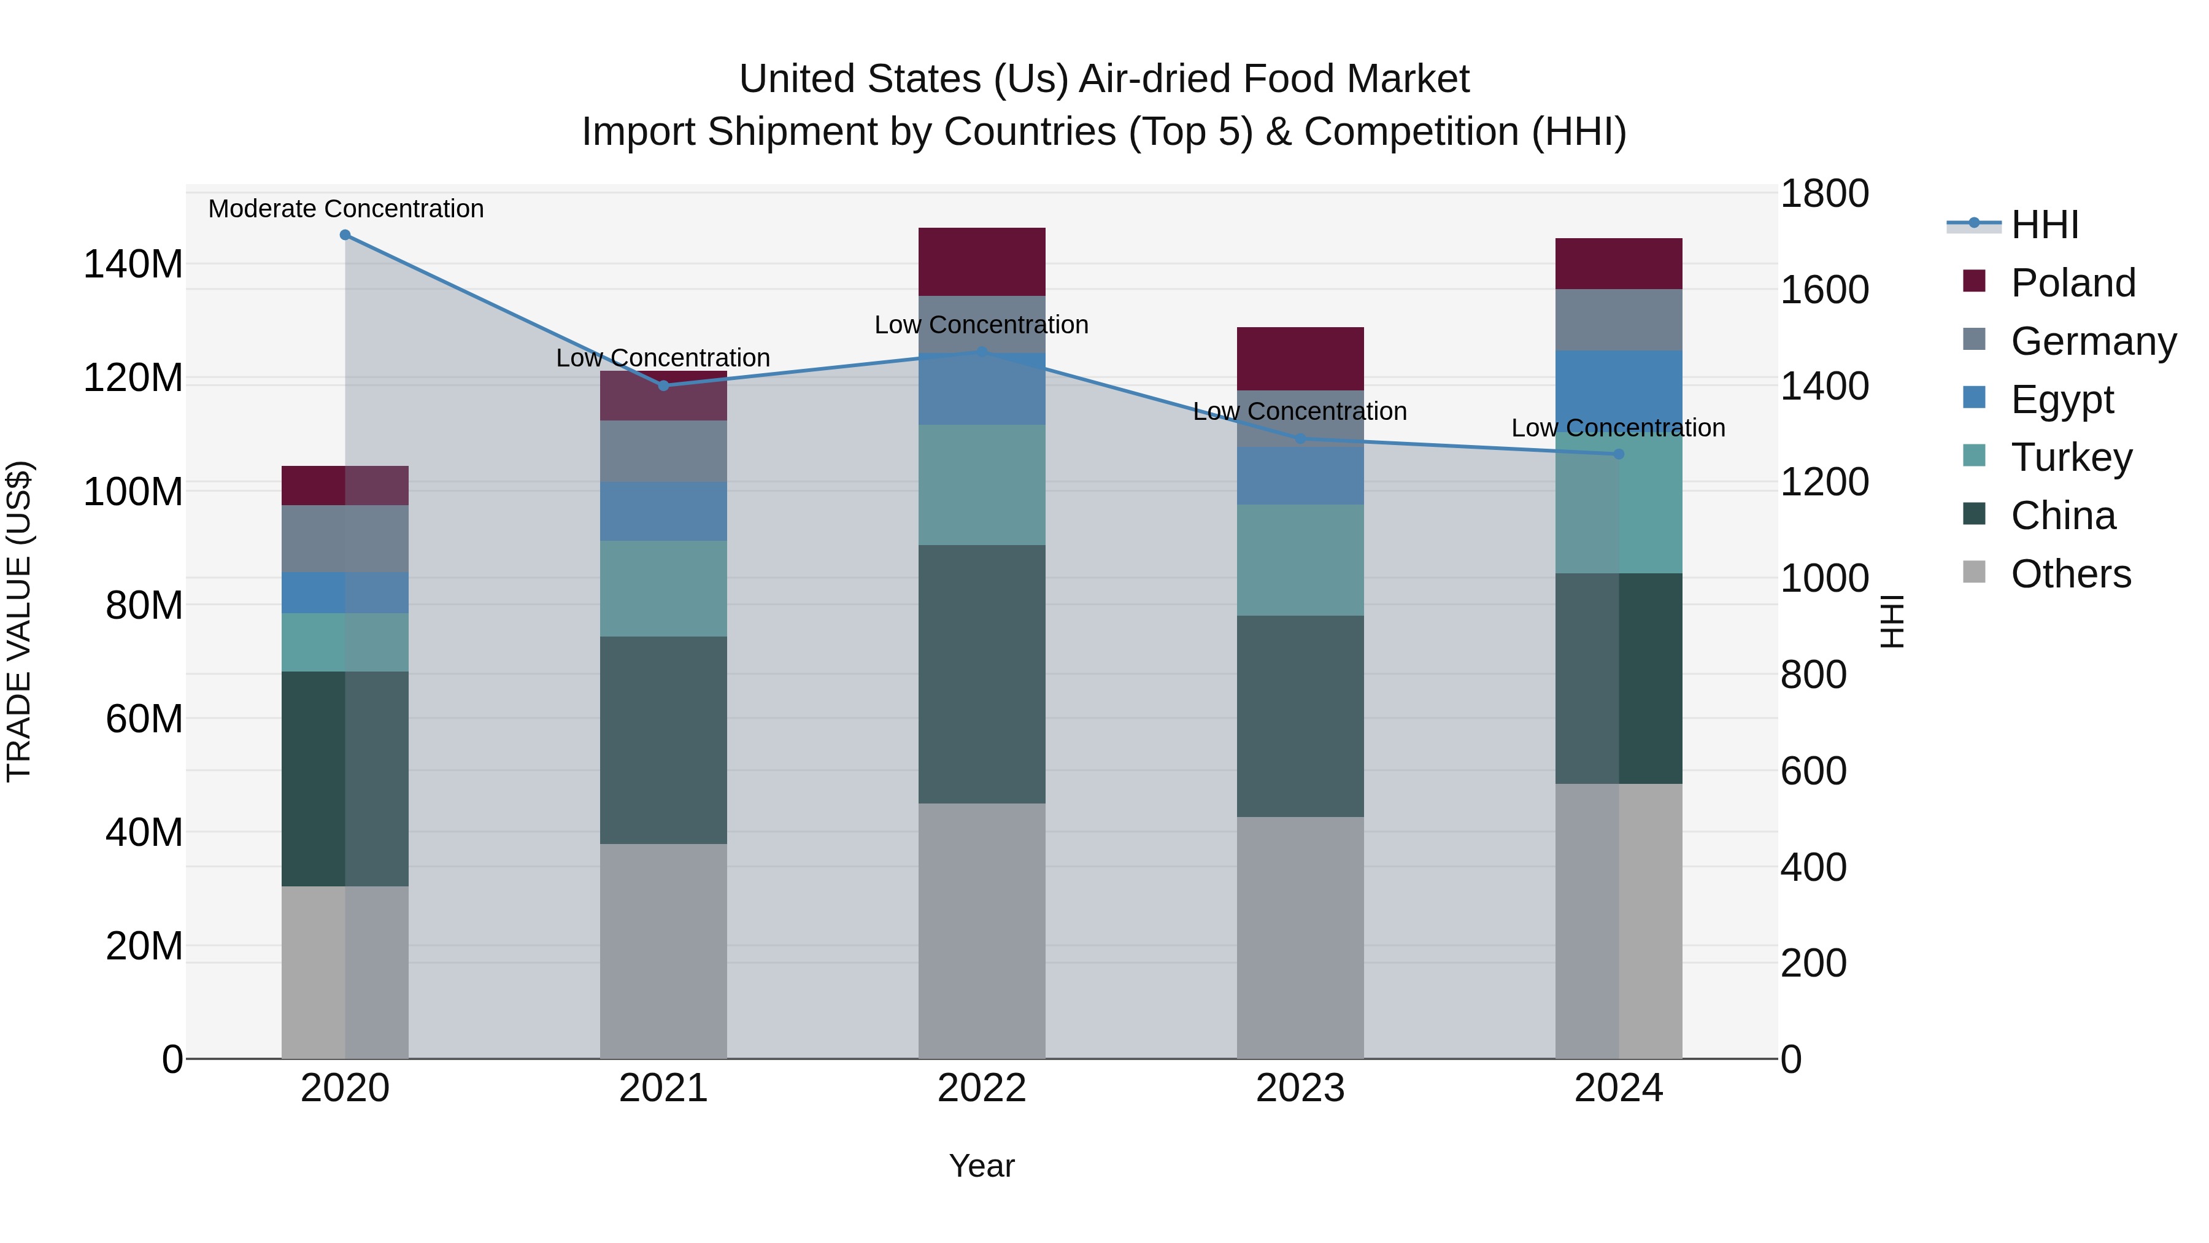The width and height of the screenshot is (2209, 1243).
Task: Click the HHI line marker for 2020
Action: tap(345, 235)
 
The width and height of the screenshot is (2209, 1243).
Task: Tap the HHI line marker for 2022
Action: tap(982, 352)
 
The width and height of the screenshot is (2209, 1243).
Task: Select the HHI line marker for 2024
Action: tap(1618, 454)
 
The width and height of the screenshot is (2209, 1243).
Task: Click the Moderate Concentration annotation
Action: tap(345, 209)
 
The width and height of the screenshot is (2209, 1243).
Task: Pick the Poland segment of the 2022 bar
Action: tap(982, 261)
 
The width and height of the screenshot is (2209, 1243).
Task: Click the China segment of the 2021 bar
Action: tap(663, 740)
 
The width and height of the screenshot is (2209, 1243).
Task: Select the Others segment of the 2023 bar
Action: tap(1300, 937)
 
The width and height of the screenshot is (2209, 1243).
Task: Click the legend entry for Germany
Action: tap(2093, 341)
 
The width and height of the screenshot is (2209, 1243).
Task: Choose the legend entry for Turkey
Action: tap(2071, 457)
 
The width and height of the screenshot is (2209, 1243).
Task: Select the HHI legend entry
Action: tap(2045, 225)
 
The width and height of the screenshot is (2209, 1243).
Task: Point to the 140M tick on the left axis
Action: tap(133, 264)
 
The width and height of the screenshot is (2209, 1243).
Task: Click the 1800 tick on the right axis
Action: tap(1824, 194)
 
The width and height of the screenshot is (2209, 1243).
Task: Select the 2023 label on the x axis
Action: tap(1300, 1088)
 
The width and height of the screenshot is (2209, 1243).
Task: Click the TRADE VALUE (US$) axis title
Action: tap(20, 621)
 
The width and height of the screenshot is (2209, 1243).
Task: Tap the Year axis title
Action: tap(982, 1166)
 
